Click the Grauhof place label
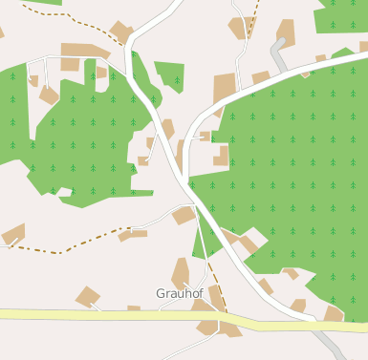tap(179, 293)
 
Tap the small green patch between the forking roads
tap(170, 74)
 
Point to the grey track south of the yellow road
tap(331, 345)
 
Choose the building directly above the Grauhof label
tap(180, 271)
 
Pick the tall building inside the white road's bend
tap(223, 90)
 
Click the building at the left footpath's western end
tap(12, 234)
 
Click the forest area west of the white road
tap(86, 134)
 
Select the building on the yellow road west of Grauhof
tap(87, 297)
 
